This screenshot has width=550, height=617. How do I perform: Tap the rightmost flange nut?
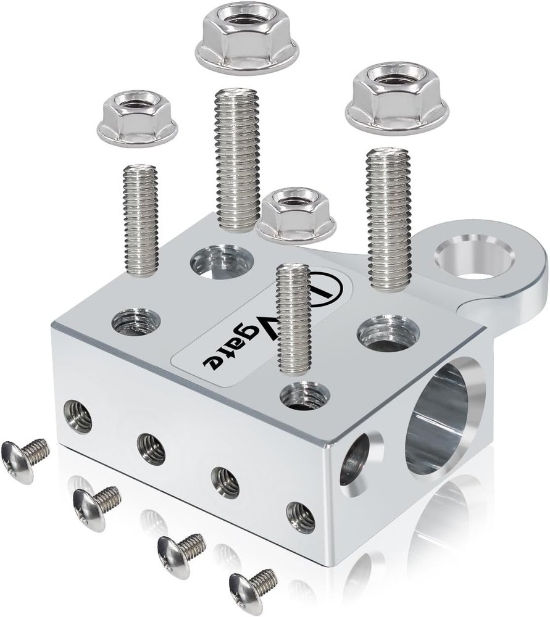point(397,103)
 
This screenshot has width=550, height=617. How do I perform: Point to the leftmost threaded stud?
point(140,219)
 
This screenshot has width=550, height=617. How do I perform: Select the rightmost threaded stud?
point(388,219)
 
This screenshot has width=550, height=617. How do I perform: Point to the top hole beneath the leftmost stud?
point(136,321)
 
